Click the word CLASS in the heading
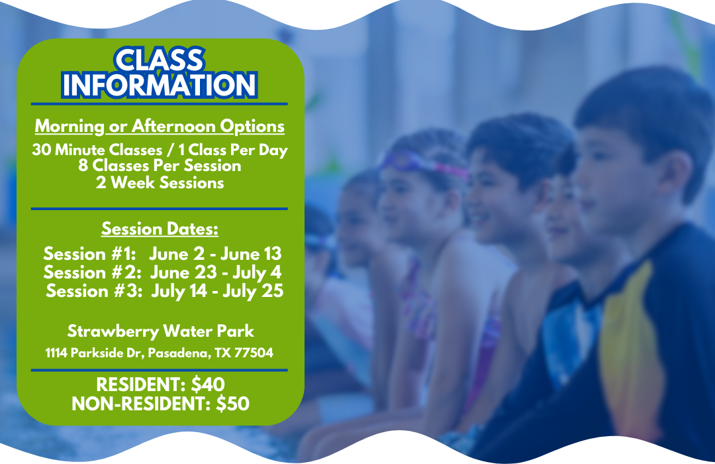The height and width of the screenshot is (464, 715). coord(159,61)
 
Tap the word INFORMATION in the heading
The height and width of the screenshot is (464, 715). coord(159,85)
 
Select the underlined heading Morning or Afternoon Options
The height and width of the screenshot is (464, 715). coord(160,126)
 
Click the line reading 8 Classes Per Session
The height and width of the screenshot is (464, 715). coord(160,166)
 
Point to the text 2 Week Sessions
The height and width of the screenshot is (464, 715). coord(160,182)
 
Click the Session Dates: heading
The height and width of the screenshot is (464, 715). coord(160,229)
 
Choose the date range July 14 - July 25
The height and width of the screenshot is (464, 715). coord(217,290)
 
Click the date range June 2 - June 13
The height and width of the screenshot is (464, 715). coord(215,253)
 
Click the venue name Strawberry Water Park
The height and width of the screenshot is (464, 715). coord(160,330)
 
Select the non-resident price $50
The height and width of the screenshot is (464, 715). coord(232,403)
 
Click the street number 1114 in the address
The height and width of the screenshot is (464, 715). coord(56,353)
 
